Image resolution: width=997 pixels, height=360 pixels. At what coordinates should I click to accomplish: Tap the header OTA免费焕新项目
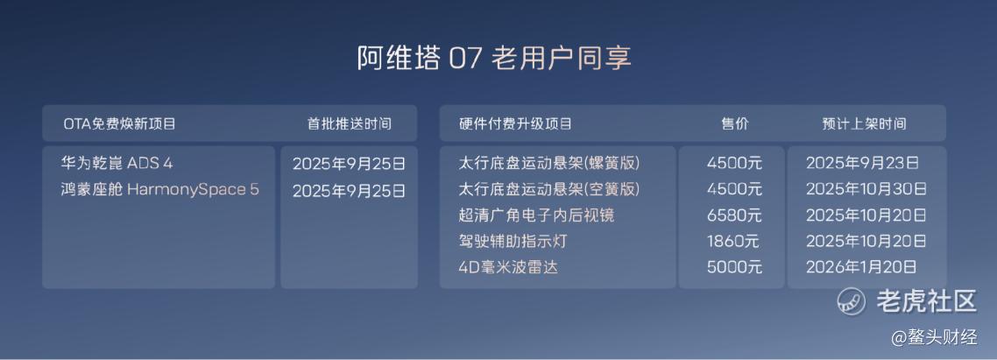(x=119, y=124)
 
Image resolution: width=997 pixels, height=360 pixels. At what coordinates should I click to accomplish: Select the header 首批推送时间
(x=349, y=124)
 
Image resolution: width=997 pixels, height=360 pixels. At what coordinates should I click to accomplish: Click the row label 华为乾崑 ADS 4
(x=117, y=164)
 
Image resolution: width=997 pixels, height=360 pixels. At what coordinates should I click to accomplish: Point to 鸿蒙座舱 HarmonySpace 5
(x=160, y=189)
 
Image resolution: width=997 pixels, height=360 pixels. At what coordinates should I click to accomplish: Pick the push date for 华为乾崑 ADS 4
(x=349, y=164)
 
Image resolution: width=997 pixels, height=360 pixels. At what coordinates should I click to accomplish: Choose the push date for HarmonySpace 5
(x=349, y=191)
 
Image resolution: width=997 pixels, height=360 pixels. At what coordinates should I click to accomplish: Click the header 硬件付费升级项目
(x=515, y=124)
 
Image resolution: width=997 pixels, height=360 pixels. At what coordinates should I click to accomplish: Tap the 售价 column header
(x=734, y=124)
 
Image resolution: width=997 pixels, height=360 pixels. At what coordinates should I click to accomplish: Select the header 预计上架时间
(x=864, y=124)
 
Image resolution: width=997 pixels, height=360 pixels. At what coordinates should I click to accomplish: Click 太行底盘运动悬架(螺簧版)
(x=548, y=164)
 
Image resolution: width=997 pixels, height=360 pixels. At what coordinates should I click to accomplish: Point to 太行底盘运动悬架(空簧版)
(x=548, y=189)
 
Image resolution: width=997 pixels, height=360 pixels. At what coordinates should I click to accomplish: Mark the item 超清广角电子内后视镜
(x=536, y=215)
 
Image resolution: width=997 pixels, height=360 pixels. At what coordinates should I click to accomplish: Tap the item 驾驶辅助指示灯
(x=512, y=242)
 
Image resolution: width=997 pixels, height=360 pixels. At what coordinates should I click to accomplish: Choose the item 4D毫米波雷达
(x=507, y=267)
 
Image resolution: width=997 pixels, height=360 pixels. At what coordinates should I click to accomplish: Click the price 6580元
(x=734, y=215)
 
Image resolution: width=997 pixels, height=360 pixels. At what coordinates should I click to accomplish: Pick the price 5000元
(x=734, y=267)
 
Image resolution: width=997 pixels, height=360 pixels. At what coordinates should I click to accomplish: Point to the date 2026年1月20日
(x=861, y=267)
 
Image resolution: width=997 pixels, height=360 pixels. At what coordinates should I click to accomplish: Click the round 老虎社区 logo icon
(x=852, y=300)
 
